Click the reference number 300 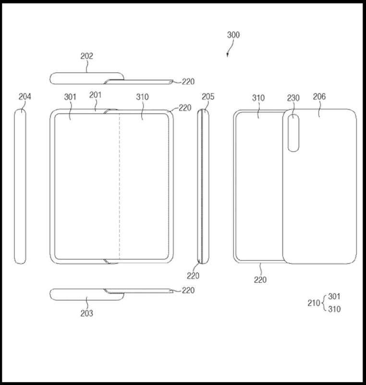[233, 35]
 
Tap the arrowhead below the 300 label [227, 55]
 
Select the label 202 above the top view [87, 56]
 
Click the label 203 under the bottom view [87, 313]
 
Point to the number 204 [25, 97]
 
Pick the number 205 [208, 97]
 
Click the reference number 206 [319, 97]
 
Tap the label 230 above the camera [293, 98]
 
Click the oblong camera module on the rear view [293, 133]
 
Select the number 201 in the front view [95, 95]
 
